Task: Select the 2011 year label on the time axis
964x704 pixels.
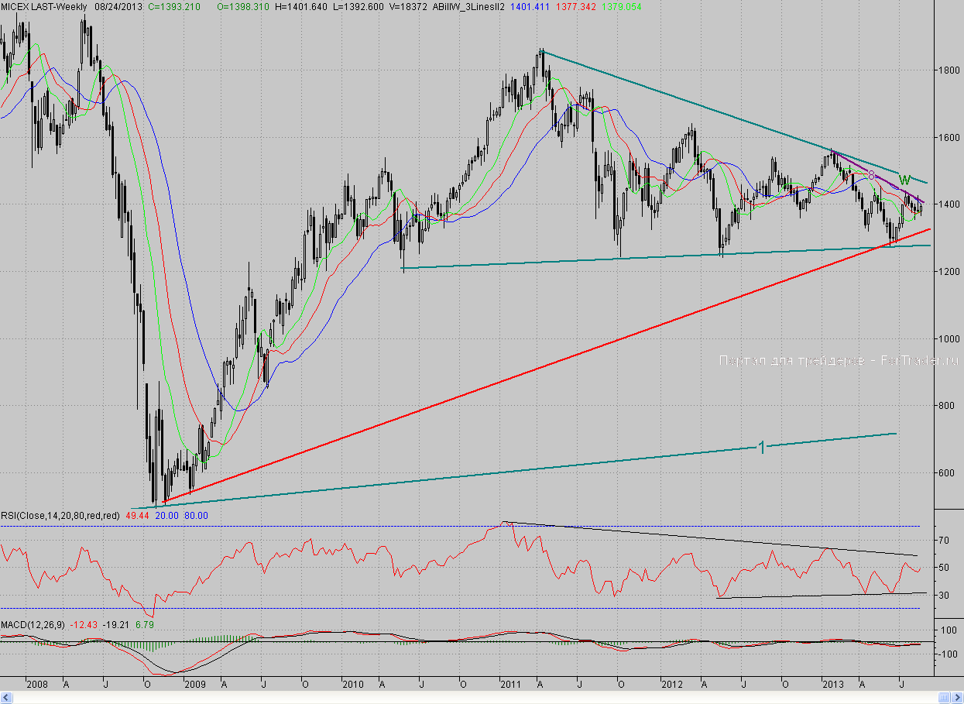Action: coord(510,685)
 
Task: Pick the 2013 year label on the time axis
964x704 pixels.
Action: coord(832,685)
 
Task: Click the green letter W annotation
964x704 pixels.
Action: coord(904,180)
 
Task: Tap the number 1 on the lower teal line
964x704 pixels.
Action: coord(761,447)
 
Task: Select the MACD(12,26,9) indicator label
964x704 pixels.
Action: coord(33,624)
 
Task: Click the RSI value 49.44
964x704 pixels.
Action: coord(137,515)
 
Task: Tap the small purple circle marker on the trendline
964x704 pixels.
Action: coord(871,176)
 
